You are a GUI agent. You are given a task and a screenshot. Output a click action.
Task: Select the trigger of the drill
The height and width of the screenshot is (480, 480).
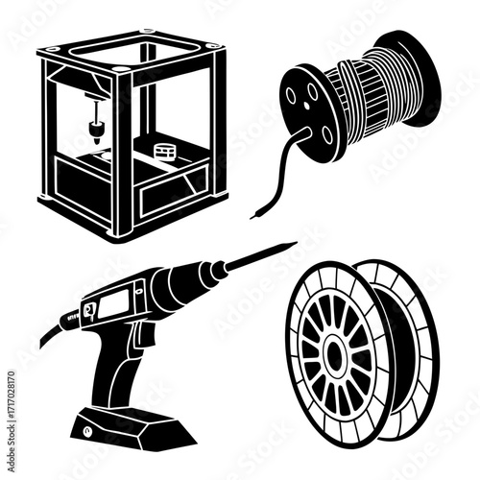coord(145,336)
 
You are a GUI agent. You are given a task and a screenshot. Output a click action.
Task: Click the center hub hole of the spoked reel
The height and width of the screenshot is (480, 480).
coord(338,356)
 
